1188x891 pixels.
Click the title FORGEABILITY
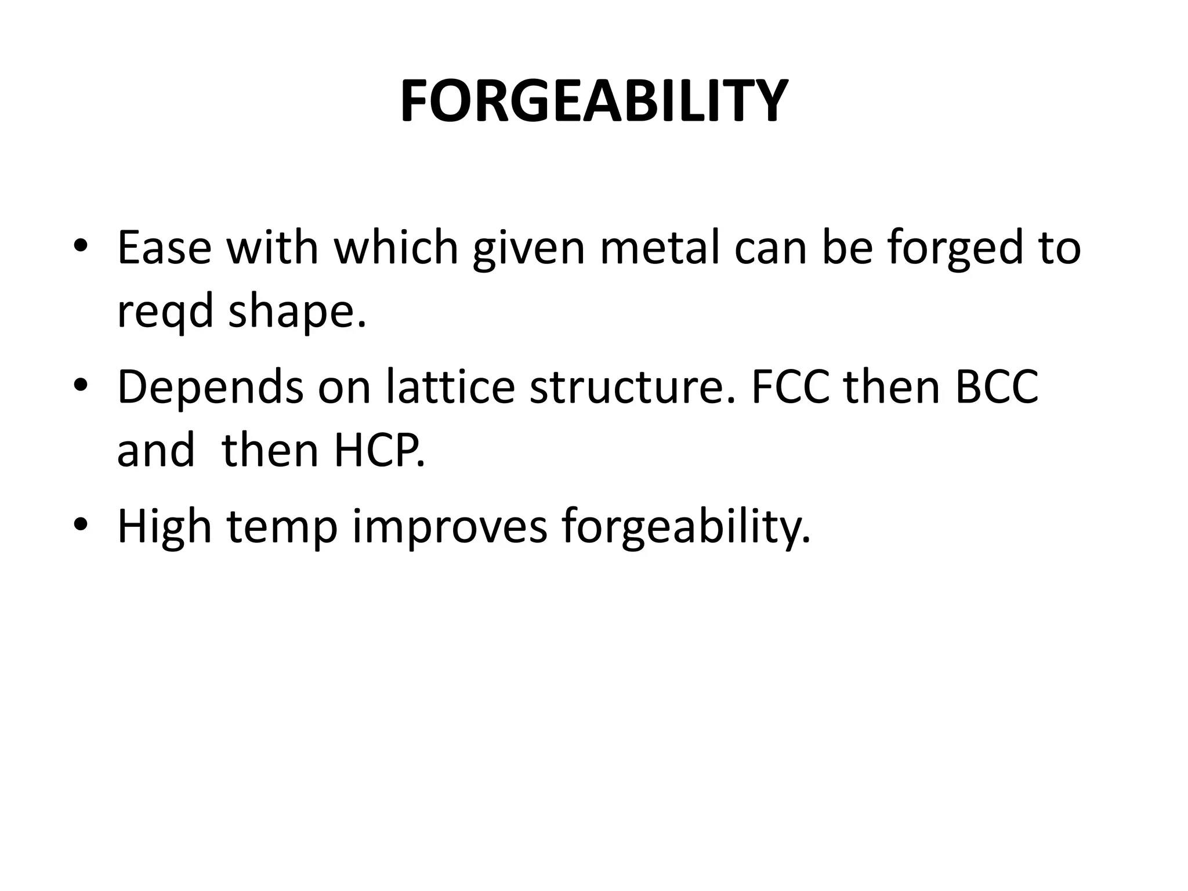593,102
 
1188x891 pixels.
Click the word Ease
164,248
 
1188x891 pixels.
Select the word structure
632,387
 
